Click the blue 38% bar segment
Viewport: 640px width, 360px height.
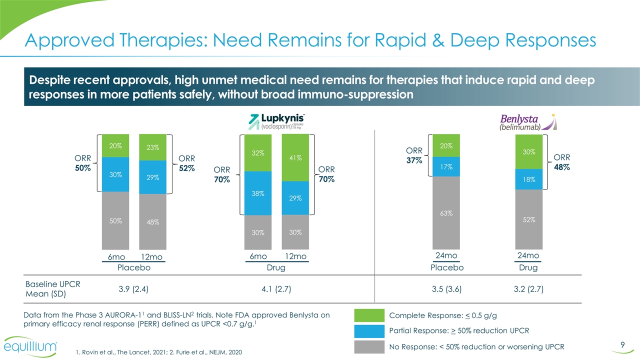coord(258,193)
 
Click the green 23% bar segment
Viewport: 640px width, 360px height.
coord(153,147)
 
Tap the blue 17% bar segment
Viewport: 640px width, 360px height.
coord(446,166)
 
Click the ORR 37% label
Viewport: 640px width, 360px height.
coord(414,155)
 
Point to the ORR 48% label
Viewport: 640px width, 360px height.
coord(562,162)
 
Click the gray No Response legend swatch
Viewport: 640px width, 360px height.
coord(369,346)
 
